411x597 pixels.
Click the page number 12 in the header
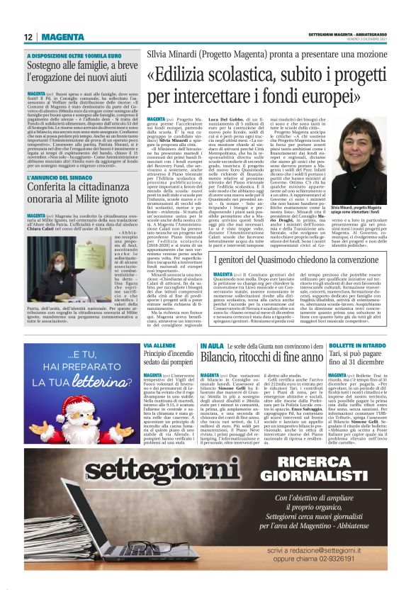tap(29, 36)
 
